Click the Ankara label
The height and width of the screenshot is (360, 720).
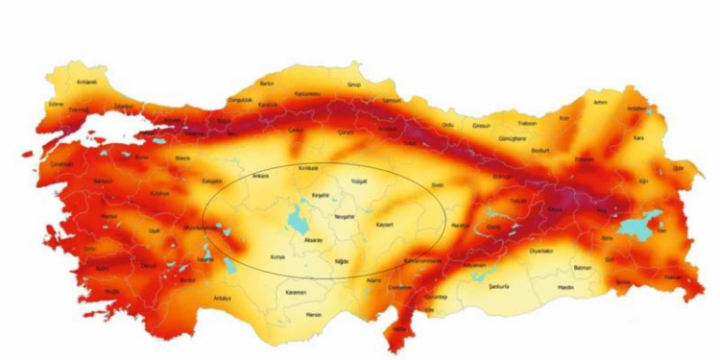coord(260,177)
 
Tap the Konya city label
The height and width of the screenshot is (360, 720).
coord(278,257)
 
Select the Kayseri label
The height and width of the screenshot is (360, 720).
coord(384,225)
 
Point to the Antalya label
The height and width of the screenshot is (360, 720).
coord(224,299)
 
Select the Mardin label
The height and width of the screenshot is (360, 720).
coord(565,285)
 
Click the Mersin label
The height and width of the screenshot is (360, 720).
coord(312,313)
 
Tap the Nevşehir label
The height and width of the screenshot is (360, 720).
coord(344,216)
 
